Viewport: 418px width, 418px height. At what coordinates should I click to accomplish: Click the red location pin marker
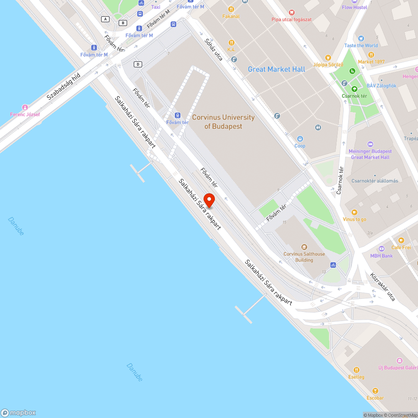(x=209, y=200)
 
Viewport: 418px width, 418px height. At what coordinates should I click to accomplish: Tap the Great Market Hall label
(x=276, y=69)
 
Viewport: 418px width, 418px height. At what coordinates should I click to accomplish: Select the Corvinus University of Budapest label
(x=223, y=122)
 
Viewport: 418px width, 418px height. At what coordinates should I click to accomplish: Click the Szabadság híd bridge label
(x=63, y=86)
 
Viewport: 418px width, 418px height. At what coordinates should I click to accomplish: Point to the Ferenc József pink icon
(x=25, y=107)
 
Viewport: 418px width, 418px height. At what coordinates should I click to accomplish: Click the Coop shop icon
(x=300, y=139)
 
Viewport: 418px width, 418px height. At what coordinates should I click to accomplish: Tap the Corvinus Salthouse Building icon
(x=304, y=247)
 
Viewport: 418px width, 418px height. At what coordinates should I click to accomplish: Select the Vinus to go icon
(x=354, y=212)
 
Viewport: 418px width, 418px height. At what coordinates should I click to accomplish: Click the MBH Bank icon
(x=381, y=249)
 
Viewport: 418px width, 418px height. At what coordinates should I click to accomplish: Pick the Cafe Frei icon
(x=401, y=240)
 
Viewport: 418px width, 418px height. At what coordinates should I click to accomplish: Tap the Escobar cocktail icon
(x=375, y=391)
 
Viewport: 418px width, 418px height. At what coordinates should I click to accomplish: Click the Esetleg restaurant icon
(x=356, y=370)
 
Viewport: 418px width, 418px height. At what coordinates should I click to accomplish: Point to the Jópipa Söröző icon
(x=328, y=58)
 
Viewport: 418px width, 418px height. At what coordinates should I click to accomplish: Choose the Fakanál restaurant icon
(x=231, y=9)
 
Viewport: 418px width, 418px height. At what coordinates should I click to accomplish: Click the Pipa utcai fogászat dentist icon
(x=292, y=13)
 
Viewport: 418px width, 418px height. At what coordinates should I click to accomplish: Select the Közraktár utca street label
(x=382, y=287)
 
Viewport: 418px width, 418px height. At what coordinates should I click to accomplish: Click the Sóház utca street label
(x=214, y=49)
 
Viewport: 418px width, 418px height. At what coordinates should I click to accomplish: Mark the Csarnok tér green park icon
(x=354, y=89)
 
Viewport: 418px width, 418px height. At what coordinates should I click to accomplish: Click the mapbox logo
(x=18, y=412)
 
